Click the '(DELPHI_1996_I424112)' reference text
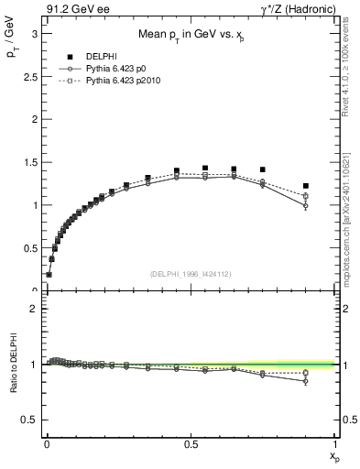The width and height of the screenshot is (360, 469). tap(190, 273)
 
